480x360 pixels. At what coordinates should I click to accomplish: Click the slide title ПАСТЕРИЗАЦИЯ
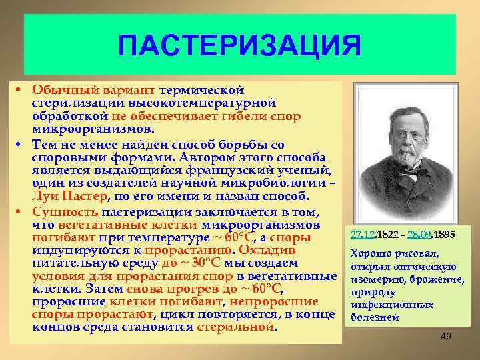239,47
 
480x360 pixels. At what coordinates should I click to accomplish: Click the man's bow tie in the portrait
406,171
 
